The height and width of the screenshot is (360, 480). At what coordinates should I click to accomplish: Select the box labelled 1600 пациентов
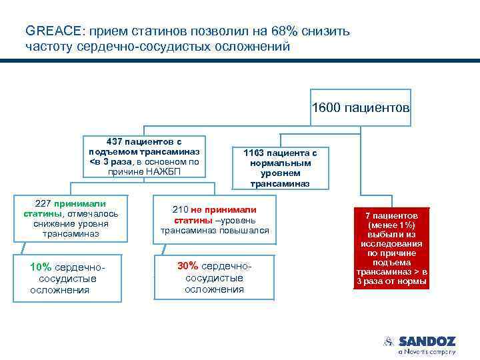(x=361, y=107)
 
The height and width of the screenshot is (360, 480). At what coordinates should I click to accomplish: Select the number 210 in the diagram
(x=180, y=209)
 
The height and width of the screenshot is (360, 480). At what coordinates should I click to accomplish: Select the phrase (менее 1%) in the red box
(x=391, y=225)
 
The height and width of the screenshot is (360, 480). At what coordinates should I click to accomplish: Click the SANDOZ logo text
(x=427, y=341)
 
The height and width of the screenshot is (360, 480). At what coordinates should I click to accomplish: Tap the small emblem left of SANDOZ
(x=389, y=341)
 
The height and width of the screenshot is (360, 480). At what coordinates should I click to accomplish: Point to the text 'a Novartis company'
(x=427, y=351)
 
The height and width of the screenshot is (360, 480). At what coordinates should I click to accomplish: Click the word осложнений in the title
(x=251, y=46)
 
